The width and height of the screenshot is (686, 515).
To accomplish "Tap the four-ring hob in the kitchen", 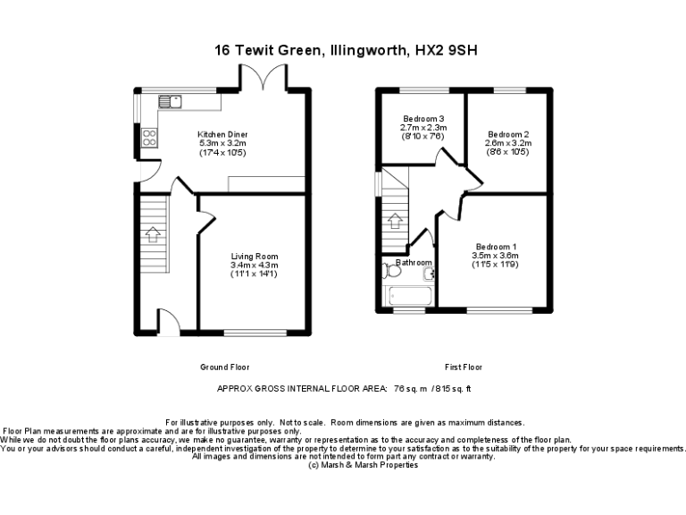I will (148, 138).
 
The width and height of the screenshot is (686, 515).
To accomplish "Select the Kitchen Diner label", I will (222, 134).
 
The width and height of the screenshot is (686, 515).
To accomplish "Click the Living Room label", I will (255, 257).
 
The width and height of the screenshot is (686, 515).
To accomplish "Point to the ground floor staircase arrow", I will (152, 234).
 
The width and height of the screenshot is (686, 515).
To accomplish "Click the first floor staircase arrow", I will (396, 220).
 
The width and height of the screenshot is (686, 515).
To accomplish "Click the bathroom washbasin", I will (428, 273).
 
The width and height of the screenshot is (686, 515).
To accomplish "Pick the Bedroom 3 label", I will (423, 119).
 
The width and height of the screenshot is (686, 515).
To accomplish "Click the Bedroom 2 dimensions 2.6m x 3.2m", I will (508, 143).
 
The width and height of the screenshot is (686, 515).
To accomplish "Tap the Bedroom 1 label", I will (496, 247).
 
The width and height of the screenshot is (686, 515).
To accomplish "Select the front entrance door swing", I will (167, 320).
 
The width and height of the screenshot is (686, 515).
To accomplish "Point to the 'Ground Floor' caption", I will (225, 367).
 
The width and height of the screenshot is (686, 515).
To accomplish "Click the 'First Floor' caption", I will (464, 367).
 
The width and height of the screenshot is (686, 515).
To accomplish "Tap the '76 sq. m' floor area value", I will (410, 389).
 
